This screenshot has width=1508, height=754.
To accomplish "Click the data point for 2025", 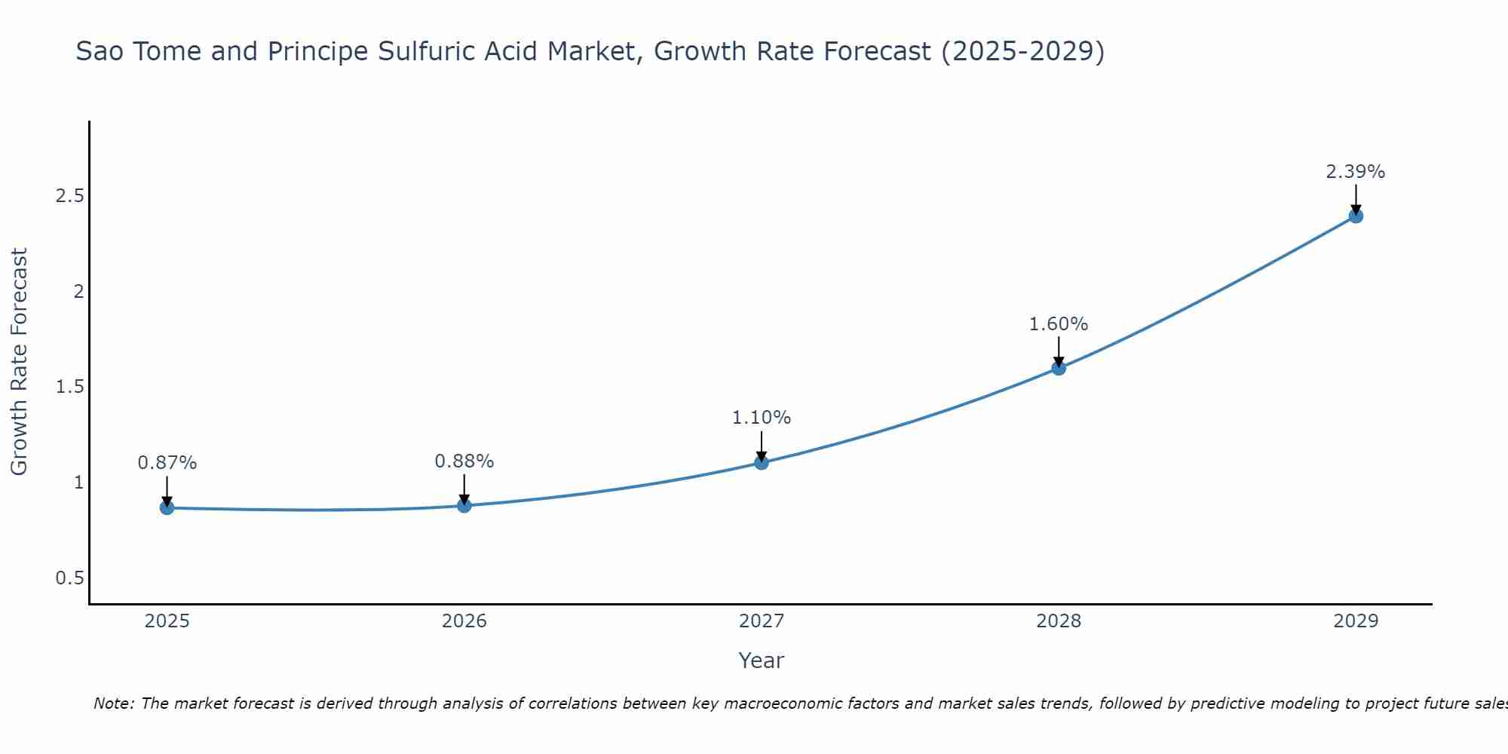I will (x=167, y=507).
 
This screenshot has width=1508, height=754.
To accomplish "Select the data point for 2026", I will (x=464, y=505).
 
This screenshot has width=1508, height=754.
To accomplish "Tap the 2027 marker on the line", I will (x=762, y=462).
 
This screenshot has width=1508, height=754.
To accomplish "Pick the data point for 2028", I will (x=1059, y=368).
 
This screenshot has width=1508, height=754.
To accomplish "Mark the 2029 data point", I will (x=1356, y=216).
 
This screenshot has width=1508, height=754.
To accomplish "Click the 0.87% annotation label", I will (x=167, y=463).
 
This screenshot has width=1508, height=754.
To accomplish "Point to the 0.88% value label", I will (x=464, y=461).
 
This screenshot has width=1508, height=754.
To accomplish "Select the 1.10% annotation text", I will (x=762, y=418).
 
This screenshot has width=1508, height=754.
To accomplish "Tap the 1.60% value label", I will (x=1059, y=324).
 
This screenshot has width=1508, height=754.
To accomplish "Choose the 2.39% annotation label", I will (x=1356, y=172).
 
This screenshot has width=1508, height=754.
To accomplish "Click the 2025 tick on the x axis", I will (x=167, y=621).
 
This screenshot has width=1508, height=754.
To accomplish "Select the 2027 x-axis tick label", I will (x=762, y=621).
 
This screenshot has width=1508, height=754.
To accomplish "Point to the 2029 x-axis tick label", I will (x=1356, y=621).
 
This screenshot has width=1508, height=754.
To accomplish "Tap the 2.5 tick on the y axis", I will (x=69, y=196).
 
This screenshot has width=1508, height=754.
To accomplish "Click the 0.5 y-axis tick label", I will (x=69, y=578).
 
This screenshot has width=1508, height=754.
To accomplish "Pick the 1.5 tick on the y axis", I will (x=69, y=387).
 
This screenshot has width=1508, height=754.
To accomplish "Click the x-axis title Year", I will (x=762, y=661).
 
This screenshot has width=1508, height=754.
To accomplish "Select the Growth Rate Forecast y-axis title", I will (x=19, y=362).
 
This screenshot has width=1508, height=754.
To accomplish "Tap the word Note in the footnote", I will (x=113, y=703).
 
